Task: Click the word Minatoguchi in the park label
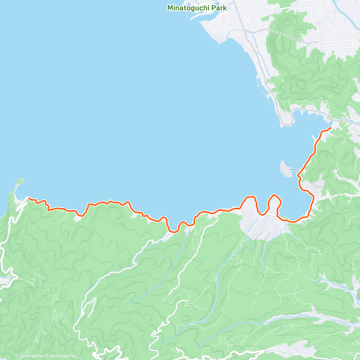click(188, 8)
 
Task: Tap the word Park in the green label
click(218, 8)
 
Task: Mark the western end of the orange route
click(28, 198)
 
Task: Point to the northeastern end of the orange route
click(331, 128)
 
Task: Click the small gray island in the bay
click(284, 169)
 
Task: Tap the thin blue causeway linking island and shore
click(294, 169)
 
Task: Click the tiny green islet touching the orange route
click(111, 199)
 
